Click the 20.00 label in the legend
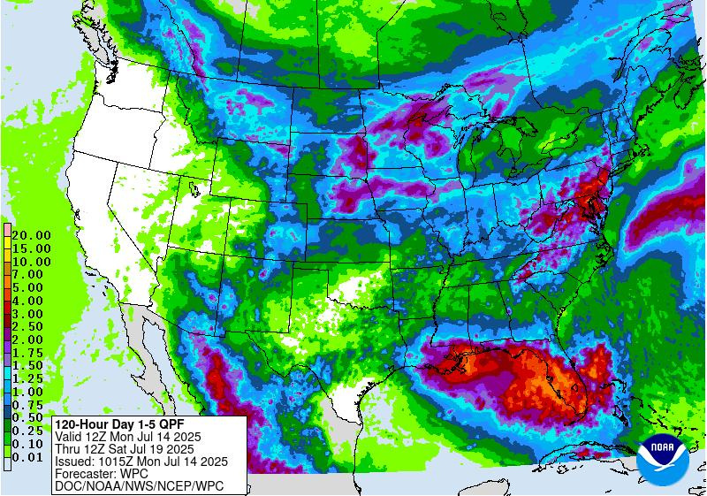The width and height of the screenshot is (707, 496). click(x=31, y=235)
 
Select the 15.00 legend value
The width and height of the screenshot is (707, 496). click(x=31, y=248)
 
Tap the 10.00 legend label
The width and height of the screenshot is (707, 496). click(x=31, y=262)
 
